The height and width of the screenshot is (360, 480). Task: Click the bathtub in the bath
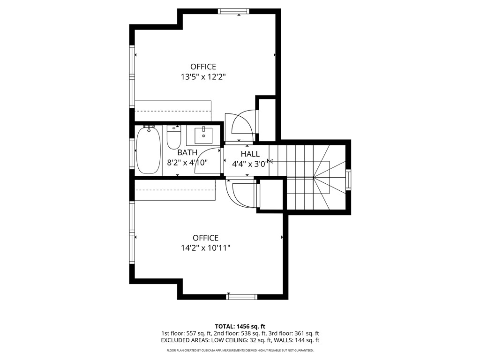click(x=149, y=150)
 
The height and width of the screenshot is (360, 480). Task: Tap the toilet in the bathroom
click(x=174, y=137)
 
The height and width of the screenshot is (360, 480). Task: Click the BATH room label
click(x=187, y=152)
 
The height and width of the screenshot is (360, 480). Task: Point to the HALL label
click(x=250, y=154)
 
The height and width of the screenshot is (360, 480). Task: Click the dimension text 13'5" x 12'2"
click(x=203, y=77)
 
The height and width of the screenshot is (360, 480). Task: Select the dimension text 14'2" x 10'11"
click(x=205, y=248)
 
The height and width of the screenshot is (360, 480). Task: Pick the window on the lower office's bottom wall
click(x=242, y=296)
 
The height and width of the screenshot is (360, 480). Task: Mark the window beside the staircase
click(x=348, y=180)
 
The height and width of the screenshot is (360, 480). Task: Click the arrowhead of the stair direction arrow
click(x=270, y=161)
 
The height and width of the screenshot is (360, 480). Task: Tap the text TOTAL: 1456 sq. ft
click(x=240, y=326)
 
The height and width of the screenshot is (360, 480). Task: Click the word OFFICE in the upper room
click(x=203, y=67)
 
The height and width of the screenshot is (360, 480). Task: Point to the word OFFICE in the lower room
click(x=205, y=238)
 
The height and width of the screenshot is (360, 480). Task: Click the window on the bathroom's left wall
click(x=132, y=154)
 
